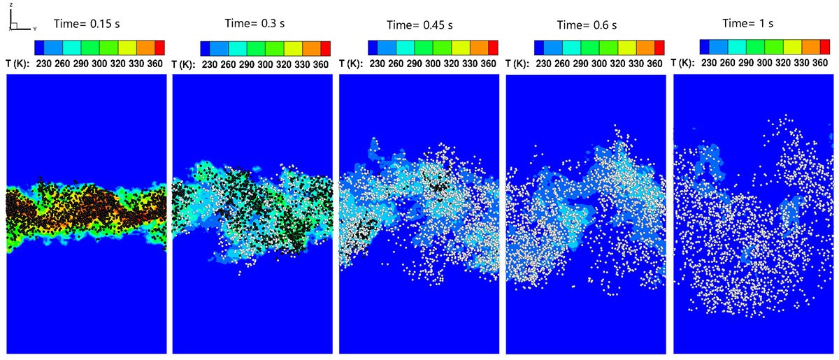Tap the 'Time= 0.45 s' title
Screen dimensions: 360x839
pos(420,25)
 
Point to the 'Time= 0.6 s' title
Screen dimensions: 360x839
pos(587,25)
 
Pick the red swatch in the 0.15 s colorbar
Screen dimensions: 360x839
pos(159,48)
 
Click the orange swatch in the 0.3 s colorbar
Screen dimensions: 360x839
pos(311,48)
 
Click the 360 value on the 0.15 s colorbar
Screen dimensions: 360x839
pos(153,64)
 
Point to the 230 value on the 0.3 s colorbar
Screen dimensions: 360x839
pos(210,64)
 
